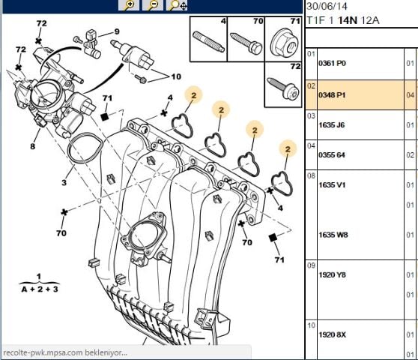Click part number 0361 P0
pyautogui.click(x=332, y=64)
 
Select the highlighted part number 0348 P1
pyautogui.click(x=332, y=95)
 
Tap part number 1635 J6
pyautogui.click(x=332, y=125)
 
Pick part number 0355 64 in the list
pyautogui.click(x=332, y=155)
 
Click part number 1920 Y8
pyautogui.click(x=332, y=274)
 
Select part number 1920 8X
pyautogui.click(x=332, y=334)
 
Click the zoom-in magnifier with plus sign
pyautogui.click(x=129, y=4)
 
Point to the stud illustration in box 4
pyautogui.click(x=209, y=41)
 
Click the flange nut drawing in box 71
pyautogui.click(x=284, y=45)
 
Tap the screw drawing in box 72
pyautogui.click(x=283, y=88)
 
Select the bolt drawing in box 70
pyautogui.click(x=247, y=43)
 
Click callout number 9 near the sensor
pyautogui.click(x=117, y=31)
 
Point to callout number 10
pyautogui.click(x=176, y=76)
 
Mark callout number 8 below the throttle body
pyautogui.click(x=32, y=146)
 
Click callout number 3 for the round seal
pyautogui.click(x=64, y=182)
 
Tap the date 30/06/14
pyautogui.click(x=327, y=6)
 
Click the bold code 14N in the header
pyautogui.click(x=348, y=20)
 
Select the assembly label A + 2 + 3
pyautogui.click(x=40, y=289)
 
